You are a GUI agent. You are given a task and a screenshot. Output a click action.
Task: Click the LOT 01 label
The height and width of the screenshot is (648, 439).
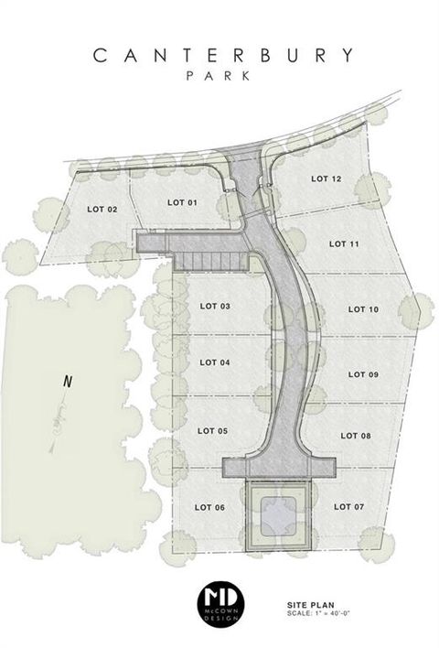tap(183, 201)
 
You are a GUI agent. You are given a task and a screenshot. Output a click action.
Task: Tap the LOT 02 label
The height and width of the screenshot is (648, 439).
tap(102, 210)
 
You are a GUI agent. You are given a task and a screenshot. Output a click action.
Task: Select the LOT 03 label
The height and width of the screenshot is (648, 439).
tap(214, 306)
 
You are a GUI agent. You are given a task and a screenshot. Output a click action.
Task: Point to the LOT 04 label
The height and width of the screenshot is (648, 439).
tap(213, 363)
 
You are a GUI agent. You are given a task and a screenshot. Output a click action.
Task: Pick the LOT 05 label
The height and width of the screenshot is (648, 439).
tap(212, 430)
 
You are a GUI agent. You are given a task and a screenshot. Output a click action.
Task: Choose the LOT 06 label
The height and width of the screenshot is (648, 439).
tap(210, 506)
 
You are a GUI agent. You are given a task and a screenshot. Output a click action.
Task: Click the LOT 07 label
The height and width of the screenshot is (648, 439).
tap(348, 506)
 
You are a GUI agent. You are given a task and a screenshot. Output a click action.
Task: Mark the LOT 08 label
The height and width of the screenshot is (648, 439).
tap(355, 436)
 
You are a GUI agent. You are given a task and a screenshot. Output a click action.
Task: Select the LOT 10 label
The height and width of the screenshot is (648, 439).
tap(363, 309)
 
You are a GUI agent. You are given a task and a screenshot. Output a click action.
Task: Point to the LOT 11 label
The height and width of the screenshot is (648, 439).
tap(343, 243)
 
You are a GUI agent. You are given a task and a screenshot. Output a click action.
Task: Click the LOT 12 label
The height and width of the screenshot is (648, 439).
tap(326, 178)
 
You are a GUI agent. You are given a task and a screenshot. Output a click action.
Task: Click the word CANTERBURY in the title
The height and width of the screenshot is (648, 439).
tap(222, 55)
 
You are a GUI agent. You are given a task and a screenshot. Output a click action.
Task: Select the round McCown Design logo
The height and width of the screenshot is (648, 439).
tap(219, 601)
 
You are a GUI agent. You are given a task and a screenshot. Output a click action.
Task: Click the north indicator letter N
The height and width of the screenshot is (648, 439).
tap(66, 383)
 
